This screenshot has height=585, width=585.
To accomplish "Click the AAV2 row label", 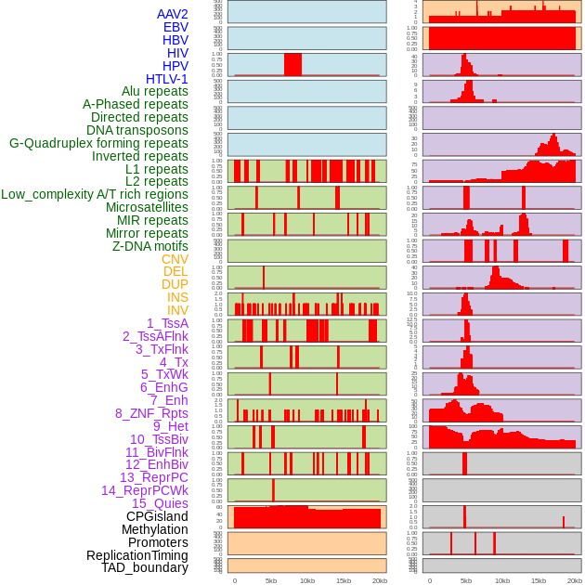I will pos(172,15).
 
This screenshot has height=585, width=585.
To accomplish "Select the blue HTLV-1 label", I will pos(166,79).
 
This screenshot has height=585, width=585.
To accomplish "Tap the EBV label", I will pos(175,28).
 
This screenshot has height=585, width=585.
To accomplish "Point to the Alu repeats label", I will pos(154,92).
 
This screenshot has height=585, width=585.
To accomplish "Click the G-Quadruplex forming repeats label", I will pos(98,143).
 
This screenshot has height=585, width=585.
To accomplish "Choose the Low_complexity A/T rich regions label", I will pos(95,194).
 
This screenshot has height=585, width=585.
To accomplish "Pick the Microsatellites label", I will pos(147,207).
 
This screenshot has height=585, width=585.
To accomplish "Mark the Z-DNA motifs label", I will pos(149,246).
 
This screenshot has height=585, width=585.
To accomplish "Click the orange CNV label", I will pos(175,259).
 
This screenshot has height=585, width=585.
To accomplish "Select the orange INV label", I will pos(177,310).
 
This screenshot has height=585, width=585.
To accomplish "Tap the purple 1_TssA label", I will pos(167,323).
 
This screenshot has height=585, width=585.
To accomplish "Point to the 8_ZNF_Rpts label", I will pos(151,413).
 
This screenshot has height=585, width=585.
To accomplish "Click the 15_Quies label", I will pos(160,503).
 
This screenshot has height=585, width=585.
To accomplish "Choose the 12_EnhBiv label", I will pos(156,464).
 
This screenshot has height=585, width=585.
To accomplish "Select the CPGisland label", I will pos(157,516).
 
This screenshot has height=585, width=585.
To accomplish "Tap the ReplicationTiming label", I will pos(136,555).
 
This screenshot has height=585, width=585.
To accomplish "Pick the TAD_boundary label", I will pos(144,567).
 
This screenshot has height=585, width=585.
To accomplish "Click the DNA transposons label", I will pos(136,130).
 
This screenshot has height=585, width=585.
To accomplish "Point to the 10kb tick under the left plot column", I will pos(306,580).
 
